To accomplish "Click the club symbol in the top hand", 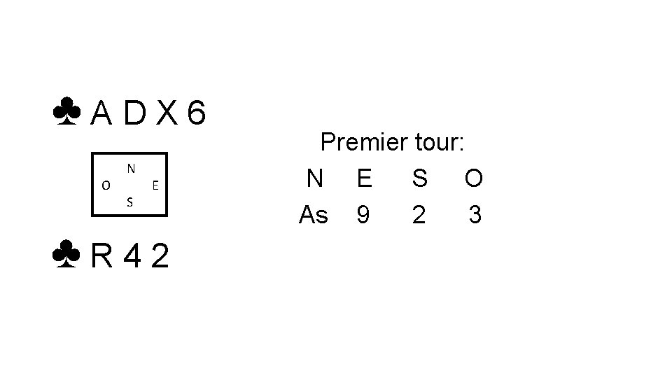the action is [66, 113].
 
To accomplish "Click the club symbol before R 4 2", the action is [66, 257].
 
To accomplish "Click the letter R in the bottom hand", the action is [103, 258].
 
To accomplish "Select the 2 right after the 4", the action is [160, 258].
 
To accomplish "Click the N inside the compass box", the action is [131, 169].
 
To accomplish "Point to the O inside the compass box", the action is [105, 185].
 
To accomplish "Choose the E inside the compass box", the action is [155, 185].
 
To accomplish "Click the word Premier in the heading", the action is [364, 143].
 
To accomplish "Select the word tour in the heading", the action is [438, 143].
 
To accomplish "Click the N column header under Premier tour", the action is [315, 179].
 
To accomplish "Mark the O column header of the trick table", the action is [474, 179].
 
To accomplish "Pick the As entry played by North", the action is [314, 215].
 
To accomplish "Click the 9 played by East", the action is [363, 215].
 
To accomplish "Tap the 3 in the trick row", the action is [475, 215].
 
